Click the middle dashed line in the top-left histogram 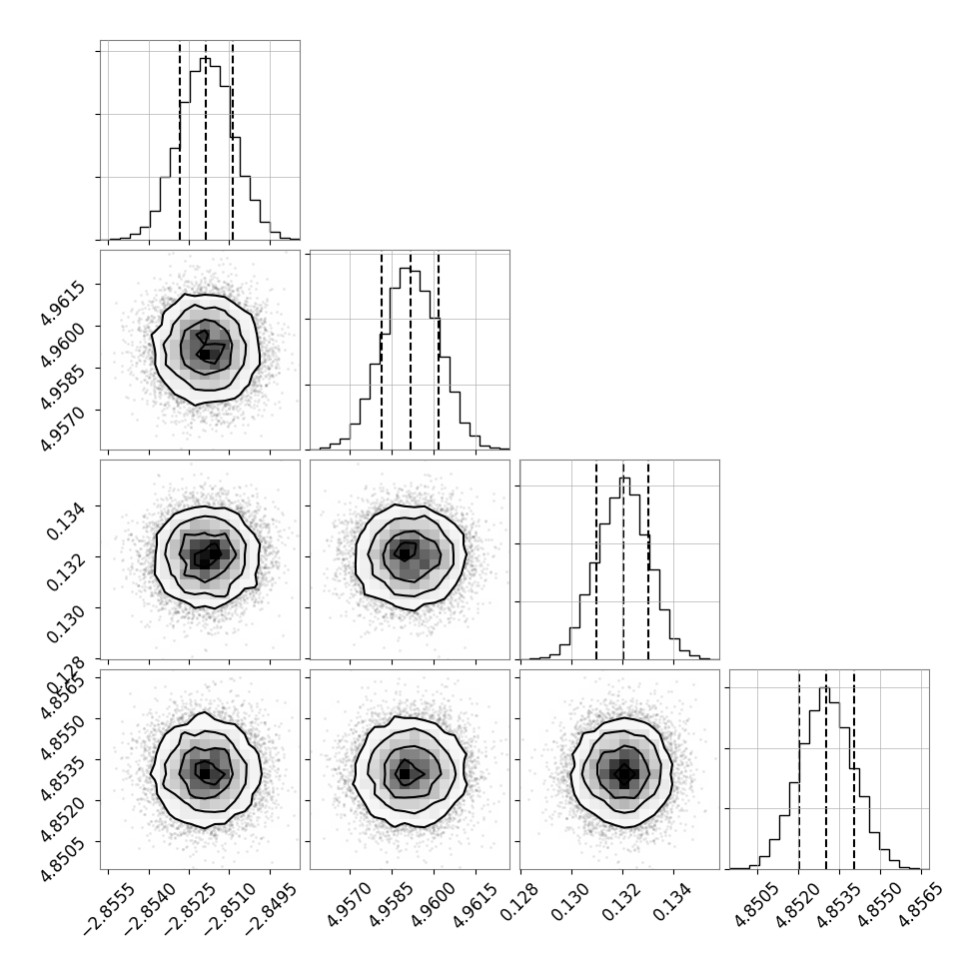[206, 140]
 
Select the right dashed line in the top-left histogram [232, 140]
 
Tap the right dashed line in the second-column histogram [439, 350]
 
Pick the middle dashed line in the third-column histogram [623, 559]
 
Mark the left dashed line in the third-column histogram [596, 559]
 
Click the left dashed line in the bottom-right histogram [799, 769]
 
